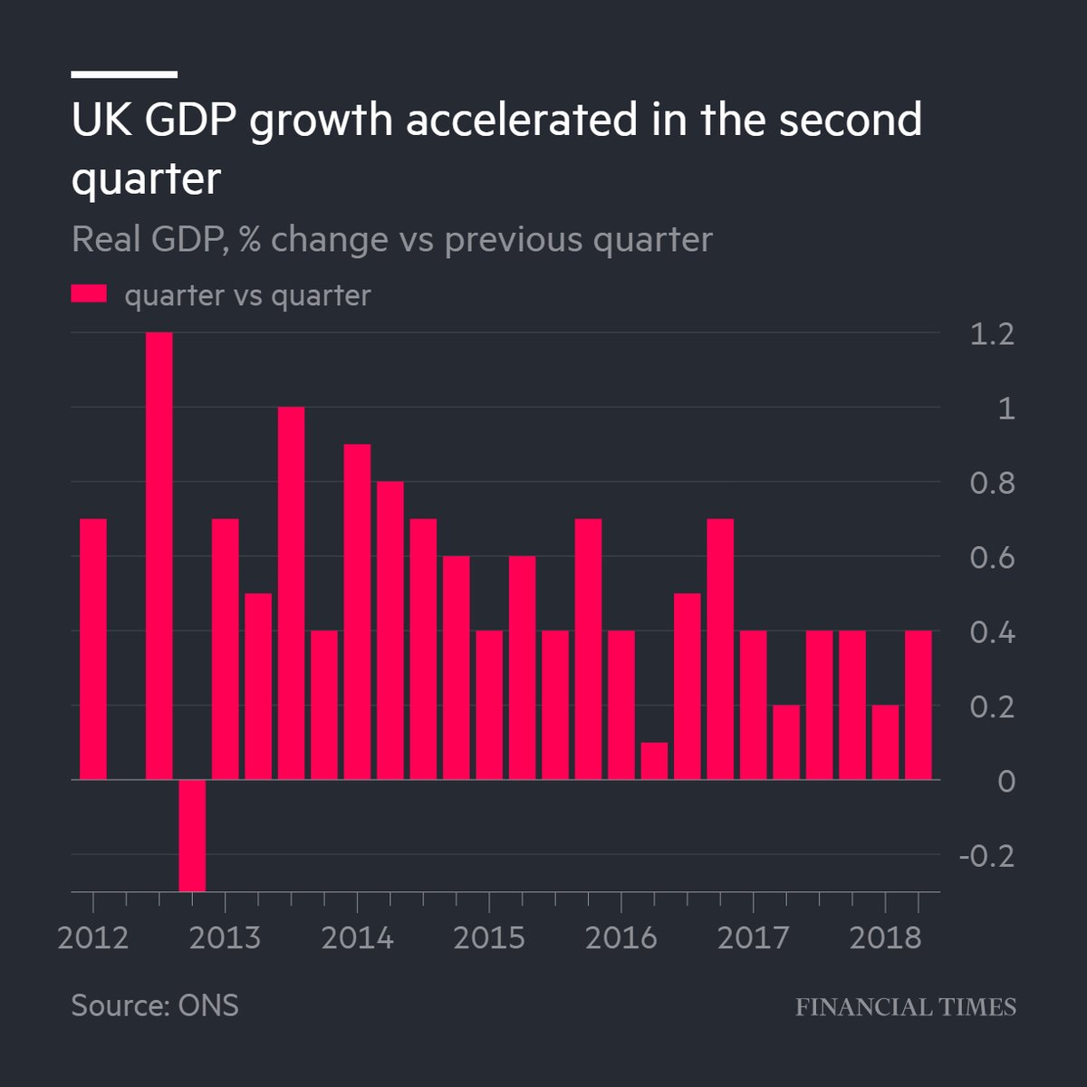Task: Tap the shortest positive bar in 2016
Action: (654, 761)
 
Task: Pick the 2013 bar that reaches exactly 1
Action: (291, 593)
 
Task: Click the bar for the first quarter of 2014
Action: (357, 611)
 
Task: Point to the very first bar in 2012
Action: (93, 649)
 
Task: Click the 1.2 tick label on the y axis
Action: (991, 335)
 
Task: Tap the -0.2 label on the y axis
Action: (986, 855)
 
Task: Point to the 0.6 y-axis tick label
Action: (991, 558)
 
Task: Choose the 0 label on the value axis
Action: (1005, 781)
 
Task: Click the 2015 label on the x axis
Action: (489, 938)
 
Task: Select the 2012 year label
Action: (93, 938)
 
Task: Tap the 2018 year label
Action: (885, 938)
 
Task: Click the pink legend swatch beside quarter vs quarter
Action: (89, 294)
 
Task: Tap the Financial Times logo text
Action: (906, 1006)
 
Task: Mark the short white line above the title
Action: (124, 74)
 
